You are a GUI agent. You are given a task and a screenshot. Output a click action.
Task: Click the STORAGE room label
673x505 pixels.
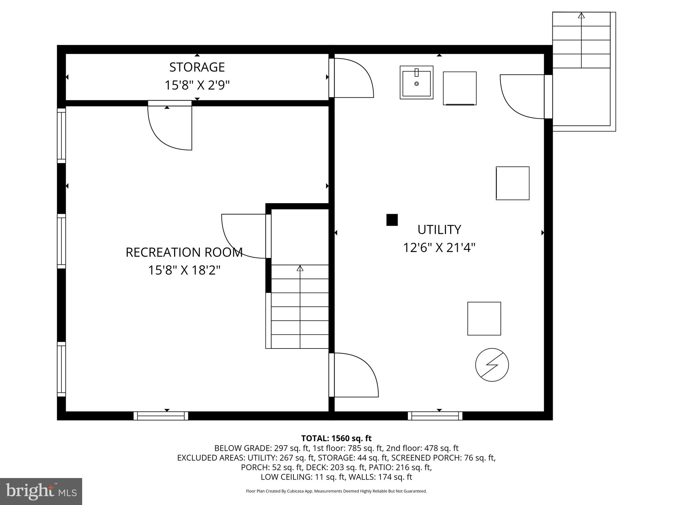point(197,67)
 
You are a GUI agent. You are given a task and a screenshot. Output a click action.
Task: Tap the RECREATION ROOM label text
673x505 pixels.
point(184,252)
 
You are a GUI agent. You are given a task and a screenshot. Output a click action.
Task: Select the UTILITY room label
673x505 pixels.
point(439,229)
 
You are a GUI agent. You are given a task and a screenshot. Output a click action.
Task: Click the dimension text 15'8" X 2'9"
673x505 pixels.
point(197,85)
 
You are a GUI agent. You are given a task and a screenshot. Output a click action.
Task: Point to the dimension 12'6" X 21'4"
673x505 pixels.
point(439,248)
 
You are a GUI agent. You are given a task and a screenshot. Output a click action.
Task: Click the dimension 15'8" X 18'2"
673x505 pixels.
point(184,271)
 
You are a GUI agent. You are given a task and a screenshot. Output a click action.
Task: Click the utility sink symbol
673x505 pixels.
point(416,82)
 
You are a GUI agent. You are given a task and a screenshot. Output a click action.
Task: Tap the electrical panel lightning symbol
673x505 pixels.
point(492,365)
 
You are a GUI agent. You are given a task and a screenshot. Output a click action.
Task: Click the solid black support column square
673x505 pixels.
point(392,220)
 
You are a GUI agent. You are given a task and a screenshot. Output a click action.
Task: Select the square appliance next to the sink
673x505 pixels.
point(459,88)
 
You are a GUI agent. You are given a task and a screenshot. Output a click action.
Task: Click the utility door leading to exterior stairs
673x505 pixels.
point(522,96)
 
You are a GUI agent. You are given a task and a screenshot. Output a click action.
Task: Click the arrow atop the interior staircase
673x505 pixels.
point(300,268)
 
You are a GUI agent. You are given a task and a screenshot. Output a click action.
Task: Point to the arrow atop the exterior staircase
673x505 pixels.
point(581,15)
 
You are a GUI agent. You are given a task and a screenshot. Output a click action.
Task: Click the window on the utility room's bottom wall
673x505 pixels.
point(435,416)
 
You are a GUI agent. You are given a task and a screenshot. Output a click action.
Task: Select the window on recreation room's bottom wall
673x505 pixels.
point(161,416)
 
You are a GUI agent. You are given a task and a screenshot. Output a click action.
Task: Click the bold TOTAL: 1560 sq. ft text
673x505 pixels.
point(336,438)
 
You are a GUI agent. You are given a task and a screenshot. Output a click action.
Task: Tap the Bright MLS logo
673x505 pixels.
point(41,491)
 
